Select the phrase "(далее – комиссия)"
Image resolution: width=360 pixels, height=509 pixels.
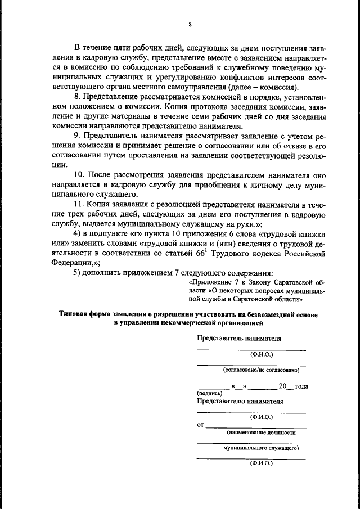tap(263, 87)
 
